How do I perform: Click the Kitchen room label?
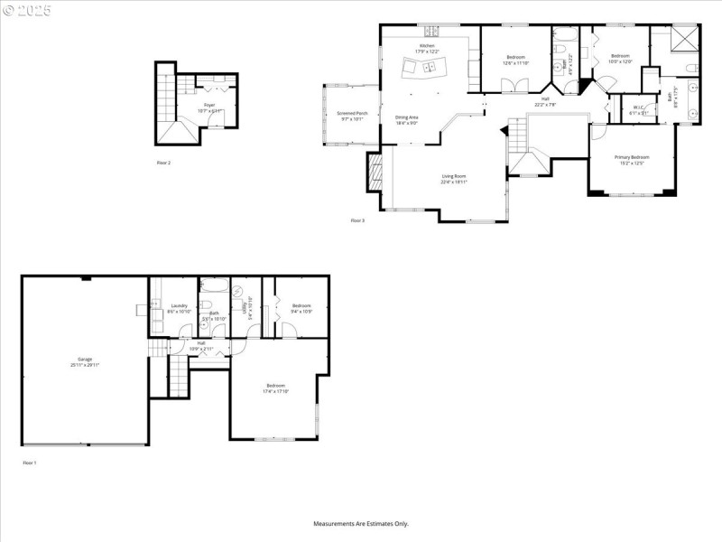425,45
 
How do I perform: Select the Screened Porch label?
351,113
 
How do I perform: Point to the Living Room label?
453,175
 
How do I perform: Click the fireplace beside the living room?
375,172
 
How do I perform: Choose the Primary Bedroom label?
632,157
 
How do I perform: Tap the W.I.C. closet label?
638,107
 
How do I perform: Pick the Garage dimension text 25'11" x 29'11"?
85,365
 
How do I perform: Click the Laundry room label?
179,306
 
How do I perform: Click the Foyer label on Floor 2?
209,106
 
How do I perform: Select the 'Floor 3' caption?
357,220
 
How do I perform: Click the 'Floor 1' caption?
30,463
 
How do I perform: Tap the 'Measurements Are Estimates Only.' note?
361,523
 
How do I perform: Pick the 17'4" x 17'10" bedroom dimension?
275,391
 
